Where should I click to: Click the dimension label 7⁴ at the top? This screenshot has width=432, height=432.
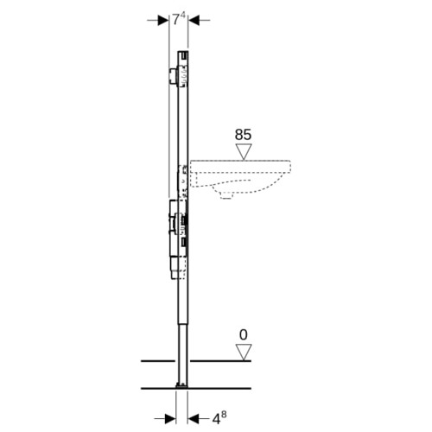pyautogui.click(x=178, y=20)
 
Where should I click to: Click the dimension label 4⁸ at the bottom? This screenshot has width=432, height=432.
pyautogui.click(x=219, y=417)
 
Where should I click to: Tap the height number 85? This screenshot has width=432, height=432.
pyautogui.click(x=243, y=135)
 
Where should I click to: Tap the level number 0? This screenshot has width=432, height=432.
pyautogui.click(x=244, y=335)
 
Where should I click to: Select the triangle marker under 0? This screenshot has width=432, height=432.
pyautogui.click(x=244, y=352)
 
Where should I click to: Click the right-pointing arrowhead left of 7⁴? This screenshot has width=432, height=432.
pyautogui.click(x=163, y=20)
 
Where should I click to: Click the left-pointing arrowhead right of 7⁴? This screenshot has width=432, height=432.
pyautogui.click(x=194, y=20)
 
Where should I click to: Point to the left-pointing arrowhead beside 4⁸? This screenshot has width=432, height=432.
pyautogui.click(x=193, y=418)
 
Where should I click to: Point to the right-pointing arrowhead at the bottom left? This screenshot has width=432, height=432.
pyautogui.click(x=170, y=418)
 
